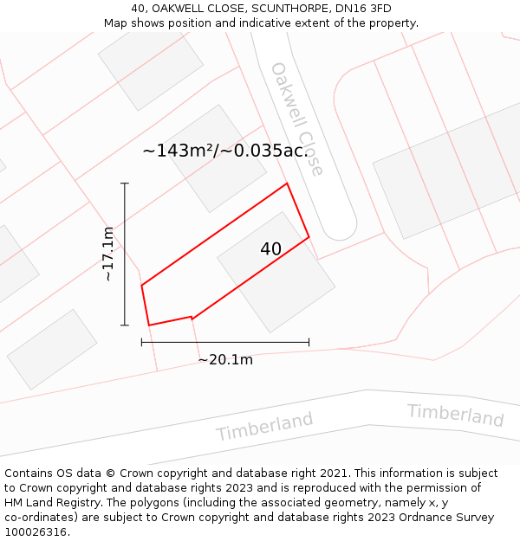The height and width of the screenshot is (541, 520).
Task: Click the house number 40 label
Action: pyautogui.click(x=270, y=249)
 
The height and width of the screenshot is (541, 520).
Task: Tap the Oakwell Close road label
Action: pyautogui.click(x=296, y=119)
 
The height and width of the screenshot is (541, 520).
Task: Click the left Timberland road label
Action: pyautogui.click(x=264, y=426)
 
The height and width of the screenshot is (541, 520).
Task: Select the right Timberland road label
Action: pyautogui.click(x=455, y=415)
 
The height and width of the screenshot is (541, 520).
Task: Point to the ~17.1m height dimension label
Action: pyautogui.click(x=107, y=254)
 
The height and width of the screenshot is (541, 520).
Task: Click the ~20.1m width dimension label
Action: pyautogui.click(x=225, y=360)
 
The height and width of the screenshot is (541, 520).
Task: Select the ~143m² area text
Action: pyautogui.click(x=179, y=151)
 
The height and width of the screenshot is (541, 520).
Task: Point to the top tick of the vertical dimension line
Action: pyautogui.click(x=125, y=184)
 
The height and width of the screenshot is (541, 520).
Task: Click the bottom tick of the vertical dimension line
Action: pyautogui.click(x=125, y=325)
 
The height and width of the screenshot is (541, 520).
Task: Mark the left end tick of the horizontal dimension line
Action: pyautogui.click(x=141, y=342)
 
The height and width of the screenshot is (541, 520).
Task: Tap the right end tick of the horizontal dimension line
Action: pyautogui.click(x=309, y=342)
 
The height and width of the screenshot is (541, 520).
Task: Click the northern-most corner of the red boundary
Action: pyautogui.click(x=287, y=184)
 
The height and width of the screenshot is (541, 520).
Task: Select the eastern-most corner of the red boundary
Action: pyautogui.click(x=309, y=236)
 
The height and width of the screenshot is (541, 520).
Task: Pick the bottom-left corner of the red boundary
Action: pyautogui.click(x=149, y=325)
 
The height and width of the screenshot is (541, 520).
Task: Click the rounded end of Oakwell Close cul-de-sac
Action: pyautogui.click(x=339, y=229)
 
